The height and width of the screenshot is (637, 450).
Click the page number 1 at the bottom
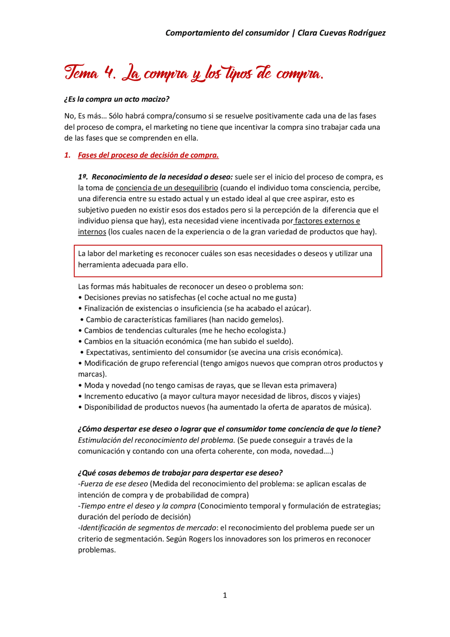(x=225, y=595)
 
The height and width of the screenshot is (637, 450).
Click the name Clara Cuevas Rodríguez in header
(x=341, y=33)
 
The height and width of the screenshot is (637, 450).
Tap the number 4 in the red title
(x=109, y=73)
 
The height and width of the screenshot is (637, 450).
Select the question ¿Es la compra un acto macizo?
(x=117, y=100)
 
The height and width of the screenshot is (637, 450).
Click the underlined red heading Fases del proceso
(x=148, y=155)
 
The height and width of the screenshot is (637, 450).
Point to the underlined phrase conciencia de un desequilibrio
(x=167, y=188)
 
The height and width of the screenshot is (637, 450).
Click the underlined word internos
(x=92, y=232)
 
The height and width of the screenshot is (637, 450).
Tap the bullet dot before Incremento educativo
(x=80, y=396)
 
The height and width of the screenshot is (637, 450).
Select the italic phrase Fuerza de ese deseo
(x=114, y=484)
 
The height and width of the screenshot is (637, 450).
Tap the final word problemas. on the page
(x=97, y=550)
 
